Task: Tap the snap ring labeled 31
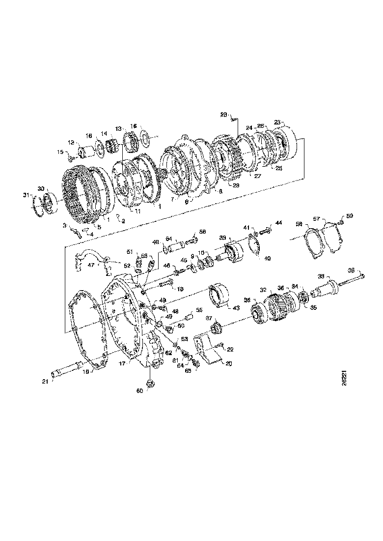click(x=37, y=206)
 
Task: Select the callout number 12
click(x=71, y=143)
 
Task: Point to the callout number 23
click(x=277, y=122)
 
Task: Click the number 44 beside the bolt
click(x=278, y=223)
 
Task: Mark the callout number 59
click(x=350, y=216)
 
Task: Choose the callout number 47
click(x=90, y=265)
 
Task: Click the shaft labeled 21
click(x=69, y=368)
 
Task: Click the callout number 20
click(x=228, y=363)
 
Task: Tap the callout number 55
click(x=199, y=310)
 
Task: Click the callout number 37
click(x=209, y=318)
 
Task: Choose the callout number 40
click(x=268, y=258)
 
